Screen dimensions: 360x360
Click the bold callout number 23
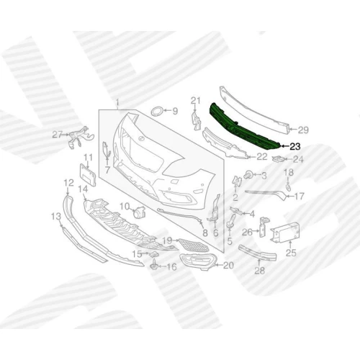pos(295,146)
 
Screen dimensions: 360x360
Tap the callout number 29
pos(303,130)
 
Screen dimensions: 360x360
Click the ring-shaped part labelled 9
pos(157,112)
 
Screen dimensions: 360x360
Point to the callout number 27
pos(58,135)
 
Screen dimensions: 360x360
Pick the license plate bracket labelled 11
pos(88,174)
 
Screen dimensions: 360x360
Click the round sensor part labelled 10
pos(138,212)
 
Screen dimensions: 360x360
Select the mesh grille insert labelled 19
pos(192,245)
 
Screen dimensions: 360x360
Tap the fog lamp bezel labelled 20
pos(198,263)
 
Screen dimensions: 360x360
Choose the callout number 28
pos(259,271)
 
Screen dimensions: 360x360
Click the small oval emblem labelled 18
pos(289,188)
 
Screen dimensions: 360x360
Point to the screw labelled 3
pos(247,174)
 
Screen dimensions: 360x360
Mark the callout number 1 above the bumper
pos(117,104)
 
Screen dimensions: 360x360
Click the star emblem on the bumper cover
pos(141,138)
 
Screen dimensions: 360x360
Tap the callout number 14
pos(83,189)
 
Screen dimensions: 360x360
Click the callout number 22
pos(261,157)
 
